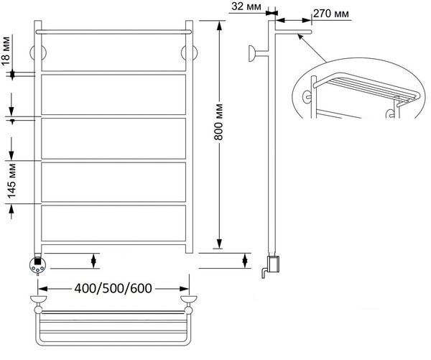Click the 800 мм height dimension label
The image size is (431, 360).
218,122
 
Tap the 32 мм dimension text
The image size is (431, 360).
246,6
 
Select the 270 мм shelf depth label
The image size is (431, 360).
331,13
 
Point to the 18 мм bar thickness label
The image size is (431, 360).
6,51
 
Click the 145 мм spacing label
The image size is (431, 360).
11,181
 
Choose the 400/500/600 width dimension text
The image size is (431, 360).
113,288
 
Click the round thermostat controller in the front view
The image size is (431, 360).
37,265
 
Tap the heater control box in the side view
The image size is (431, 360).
274,264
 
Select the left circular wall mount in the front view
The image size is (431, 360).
38,52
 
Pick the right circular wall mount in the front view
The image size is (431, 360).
189,52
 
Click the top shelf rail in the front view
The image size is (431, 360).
113,32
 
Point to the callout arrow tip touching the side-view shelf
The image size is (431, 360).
299,35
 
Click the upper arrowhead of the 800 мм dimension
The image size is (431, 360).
219,26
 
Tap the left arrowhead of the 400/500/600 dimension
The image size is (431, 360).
42,289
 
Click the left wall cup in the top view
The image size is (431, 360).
38,299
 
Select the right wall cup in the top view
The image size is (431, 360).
188,299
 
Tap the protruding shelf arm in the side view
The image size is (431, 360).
293,32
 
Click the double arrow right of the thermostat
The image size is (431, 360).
93,261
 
